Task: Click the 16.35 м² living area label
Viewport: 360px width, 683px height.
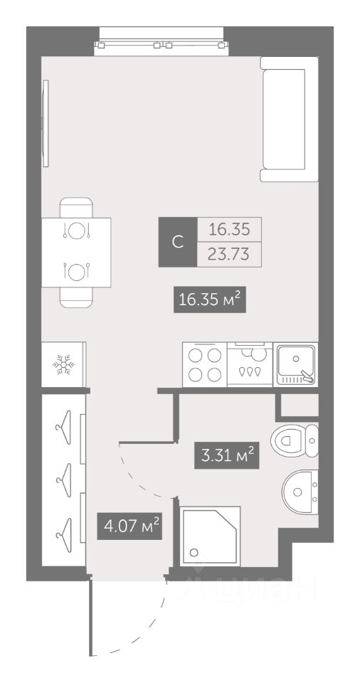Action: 210,300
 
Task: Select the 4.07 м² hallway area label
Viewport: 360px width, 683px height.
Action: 129,526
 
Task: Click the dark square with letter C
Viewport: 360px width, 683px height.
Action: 178,242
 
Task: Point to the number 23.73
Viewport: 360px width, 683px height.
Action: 229,254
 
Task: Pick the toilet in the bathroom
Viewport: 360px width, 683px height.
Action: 294,440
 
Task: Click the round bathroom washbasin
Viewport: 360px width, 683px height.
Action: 300,492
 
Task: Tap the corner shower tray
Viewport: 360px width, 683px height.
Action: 210,536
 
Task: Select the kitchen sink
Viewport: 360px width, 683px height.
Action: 296,364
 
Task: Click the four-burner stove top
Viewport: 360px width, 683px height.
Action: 204,364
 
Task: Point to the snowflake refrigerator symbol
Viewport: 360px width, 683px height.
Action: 63,364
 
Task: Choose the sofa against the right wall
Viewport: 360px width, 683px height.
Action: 289,120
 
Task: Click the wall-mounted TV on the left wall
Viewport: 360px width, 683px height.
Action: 46,123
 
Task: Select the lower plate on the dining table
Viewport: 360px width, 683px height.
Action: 77,272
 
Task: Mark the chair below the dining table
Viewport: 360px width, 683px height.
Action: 76,297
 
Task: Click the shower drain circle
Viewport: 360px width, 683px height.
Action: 194,553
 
